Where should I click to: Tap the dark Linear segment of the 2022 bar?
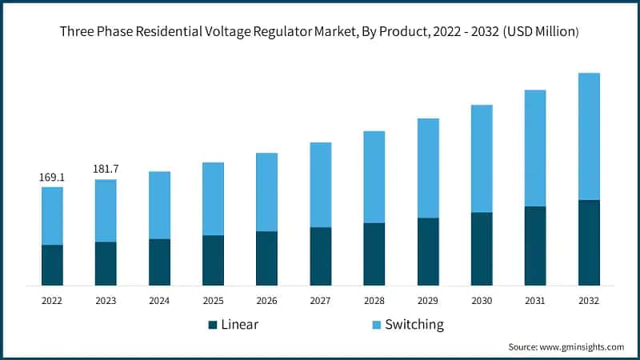52,265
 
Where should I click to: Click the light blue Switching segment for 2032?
589,136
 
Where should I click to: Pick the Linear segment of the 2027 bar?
320,256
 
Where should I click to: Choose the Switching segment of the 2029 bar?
428,168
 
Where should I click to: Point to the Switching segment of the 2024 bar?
159,205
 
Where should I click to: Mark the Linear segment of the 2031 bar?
535,246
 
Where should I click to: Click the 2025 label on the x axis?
213,301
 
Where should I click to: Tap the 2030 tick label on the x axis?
482,301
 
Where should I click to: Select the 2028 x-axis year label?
374,301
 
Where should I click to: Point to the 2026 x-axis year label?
266,301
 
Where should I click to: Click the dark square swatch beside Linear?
213,325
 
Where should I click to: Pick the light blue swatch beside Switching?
376,325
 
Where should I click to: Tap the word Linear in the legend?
240,325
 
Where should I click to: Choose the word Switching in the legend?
414,325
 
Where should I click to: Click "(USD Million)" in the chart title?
532,32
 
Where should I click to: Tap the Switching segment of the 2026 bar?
266,192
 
